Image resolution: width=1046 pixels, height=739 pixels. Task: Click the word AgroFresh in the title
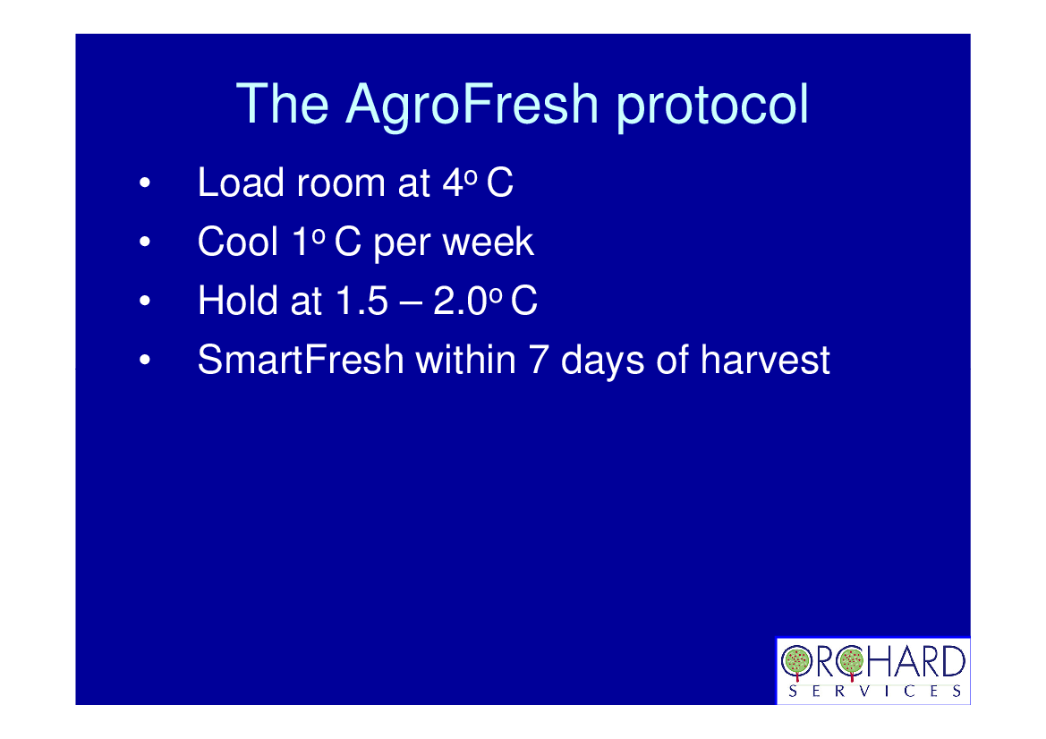click(472, 106)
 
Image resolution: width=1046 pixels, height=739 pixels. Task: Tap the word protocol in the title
click(712, 106)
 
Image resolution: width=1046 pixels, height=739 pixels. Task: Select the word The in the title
click(282, 104)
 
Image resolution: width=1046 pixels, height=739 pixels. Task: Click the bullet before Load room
click(145, 183)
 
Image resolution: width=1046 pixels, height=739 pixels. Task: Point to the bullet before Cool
click(145, 242)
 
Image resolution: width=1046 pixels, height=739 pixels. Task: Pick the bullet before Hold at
click(145, 301)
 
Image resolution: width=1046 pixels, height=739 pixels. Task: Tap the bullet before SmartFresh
click(145, 361)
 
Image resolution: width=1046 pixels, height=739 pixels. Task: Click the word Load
click(241, 183)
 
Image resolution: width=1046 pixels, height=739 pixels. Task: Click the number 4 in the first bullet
click(453, 183)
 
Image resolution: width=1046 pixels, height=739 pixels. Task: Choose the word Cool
click(237, 242)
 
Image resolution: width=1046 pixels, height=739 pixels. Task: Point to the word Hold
click(237, 301)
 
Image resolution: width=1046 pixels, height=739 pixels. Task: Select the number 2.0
click(460, 301)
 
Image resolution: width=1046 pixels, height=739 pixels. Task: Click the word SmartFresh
click(301, 361)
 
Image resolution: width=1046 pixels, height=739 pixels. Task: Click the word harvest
click(765, 361)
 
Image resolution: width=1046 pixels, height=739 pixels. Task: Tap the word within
click(466, 361)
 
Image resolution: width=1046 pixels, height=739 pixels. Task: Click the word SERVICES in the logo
click(874, 692)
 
